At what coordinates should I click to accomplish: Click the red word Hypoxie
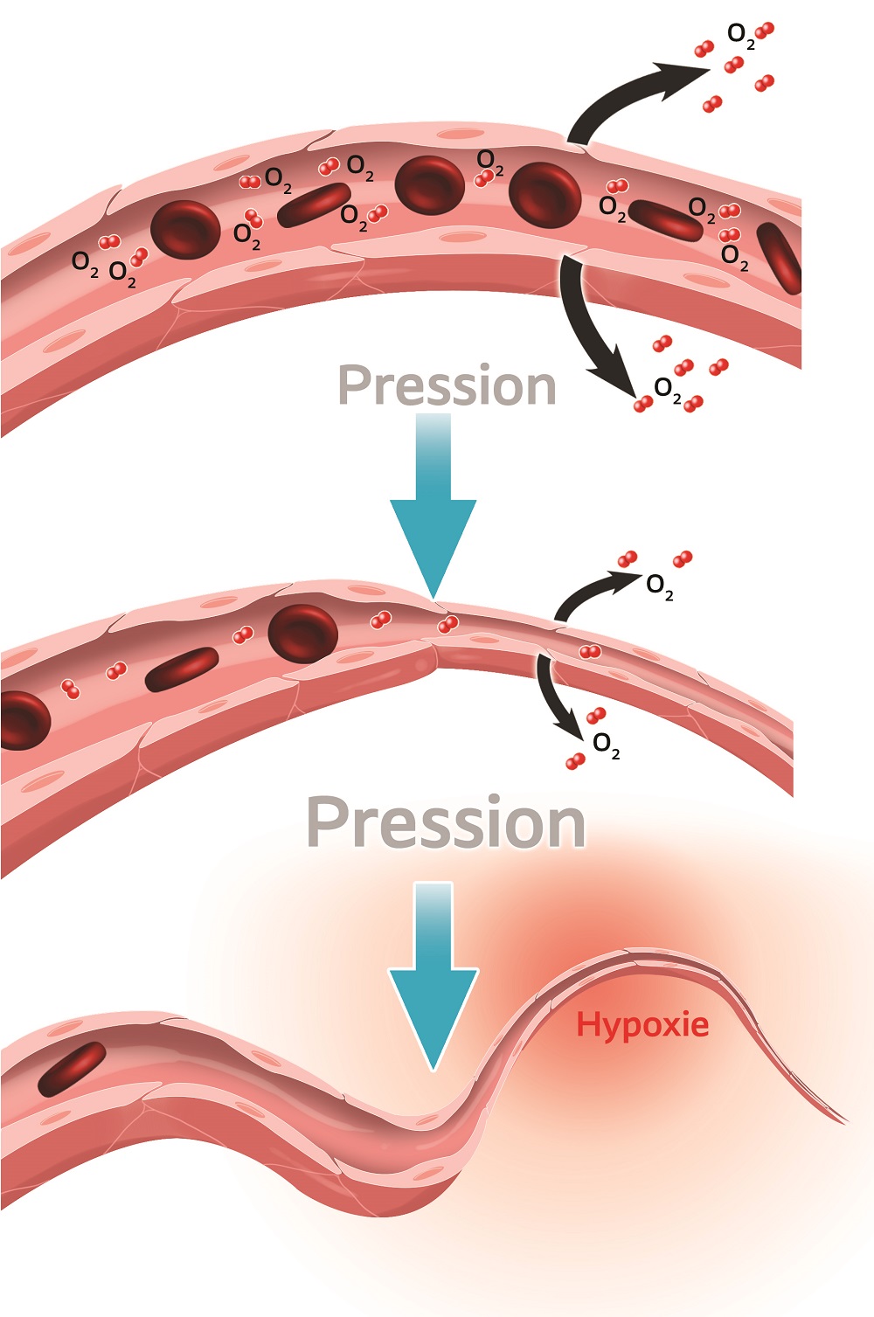click(642, 1024)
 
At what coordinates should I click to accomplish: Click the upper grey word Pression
click(447, 385)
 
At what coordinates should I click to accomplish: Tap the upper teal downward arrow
click(434, 507)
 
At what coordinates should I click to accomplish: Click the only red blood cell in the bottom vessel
click(72, 1068)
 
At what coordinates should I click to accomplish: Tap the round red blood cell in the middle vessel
click(302, 633)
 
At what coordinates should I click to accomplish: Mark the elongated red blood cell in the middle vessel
click(182, 669)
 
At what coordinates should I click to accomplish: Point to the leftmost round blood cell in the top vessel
click(185, 229)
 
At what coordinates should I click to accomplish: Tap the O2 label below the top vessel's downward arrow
click(668, 389)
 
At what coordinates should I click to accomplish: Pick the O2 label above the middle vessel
click(660, 586)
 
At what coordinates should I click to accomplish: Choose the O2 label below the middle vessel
click(607, 745)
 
